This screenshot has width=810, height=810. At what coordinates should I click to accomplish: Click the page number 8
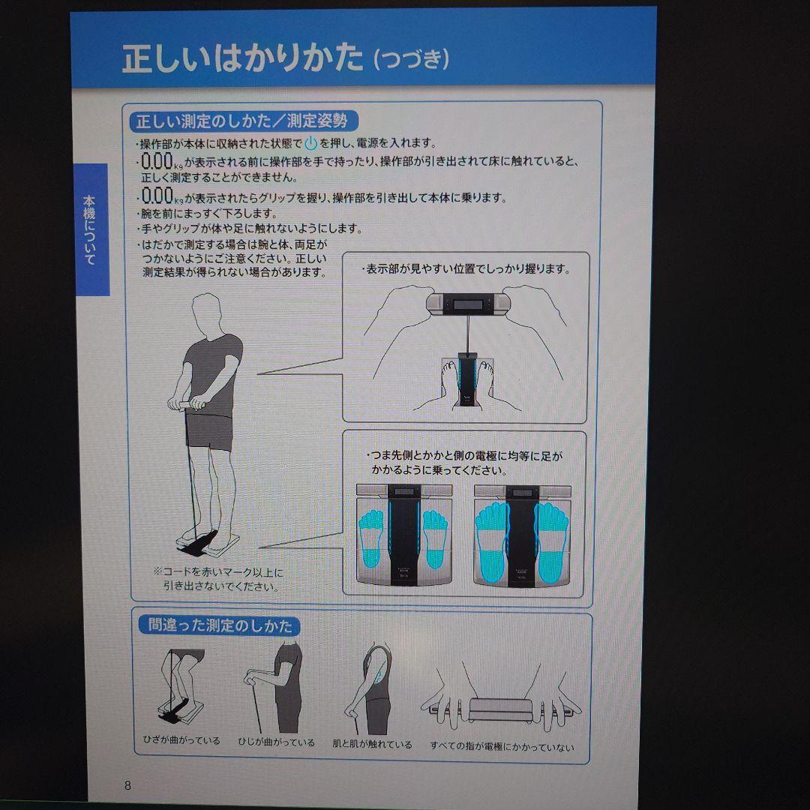127,785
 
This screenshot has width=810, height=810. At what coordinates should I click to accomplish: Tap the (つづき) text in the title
411,60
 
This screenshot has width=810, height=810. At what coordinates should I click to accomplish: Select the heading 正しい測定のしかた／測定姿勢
240,121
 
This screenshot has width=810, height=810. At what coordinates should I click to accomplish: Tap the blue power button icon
310,143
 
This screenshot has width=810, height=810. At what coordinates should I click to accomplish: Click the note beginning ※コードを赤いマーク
219,579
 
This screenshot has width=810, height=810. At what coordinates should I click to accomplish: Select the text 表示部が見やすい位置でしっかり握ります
465,269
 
